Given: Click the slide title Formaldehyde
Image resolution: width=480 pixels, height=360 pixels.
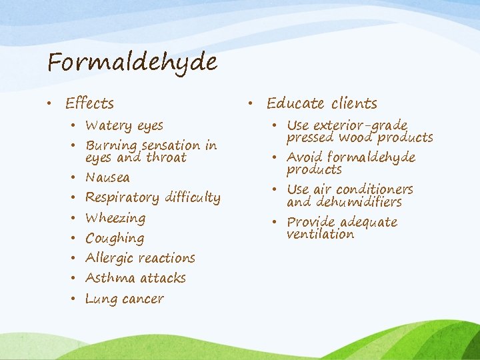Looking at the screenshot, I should [x=132, y=63].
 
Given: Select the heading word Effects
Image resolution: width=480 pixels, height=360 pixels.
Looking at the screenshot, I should [x=89, y=103].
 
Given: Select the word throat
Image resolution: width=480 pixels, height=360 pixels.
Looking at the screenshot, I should [x=166, y=158].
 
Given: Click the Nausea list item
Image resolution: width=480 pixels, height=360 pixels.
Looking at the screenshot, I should [x=107, y=178].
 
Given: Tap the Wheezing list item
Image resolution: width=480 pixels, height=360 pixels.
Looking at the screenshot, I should [x=115, y=218].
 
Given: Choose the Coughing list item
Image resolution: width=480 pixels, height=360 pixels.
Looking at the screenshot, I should [x=115, y=239].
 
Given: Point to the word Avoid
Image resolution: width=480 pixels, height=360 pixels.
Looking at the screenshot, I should [x=303, y=158].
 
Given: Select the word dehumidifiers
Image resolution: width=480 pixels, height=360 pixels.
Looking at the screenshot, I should [x=363, y=202].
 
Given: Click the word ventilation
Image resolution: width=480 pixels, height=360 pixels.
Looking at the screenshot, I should [x=320, y=235].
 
